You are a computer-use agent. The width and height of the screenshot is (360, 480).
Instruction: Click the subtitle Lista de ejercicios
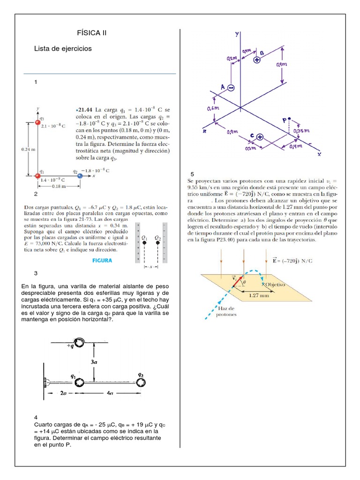[x=63, y=49]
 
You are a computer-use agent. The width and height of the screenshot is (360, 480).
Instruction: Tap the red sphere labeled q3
[x=38, y=123]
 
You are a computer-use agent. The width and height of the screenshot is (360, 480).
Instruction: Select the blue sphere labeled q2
[x=80, y=176]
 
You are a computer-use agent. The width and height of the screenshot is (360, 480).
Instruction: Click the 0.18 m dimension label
[x=59, y=186]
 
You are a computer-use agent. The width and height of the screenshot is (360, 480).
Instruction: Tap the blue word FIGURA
[x=102, y=261]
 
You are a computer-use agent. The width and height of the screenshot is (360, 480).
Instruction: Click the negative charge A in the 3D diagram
[x=231, y=87]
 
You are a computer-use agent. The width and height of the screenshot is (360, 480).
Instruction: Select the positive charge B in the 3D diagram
[x=257, y=60]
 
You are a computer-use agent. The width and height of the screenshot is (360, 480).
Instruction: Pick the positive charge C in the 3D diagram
[x=259, y=137]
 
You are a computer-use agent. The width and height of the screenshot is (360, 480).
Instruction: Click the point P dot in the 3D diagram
[x=290, y=119]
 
